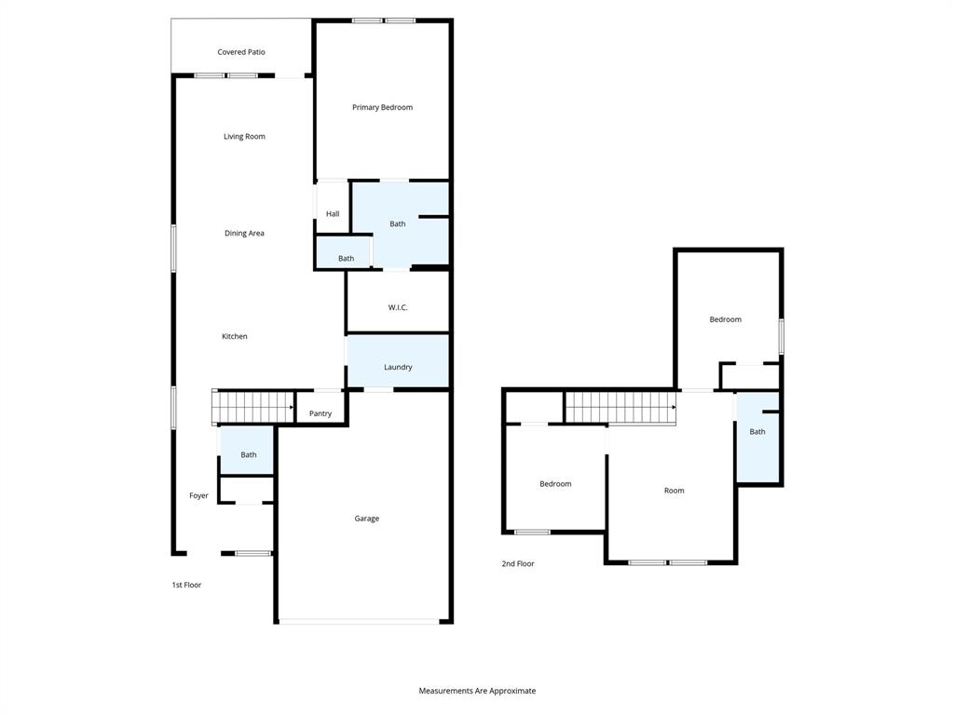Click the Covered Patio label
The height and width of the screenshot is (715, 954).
(241, 52)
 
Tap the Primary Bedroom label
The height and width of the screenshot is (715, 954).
(382, 107)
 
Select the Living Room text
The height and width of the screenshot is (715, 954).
(244, 137)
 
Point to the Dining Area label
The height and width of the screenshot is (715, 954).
(244, 234)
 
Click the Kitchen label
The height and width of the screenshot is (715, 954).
(235, 336)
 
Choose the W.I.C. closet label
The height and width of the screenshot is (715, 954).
(398, 307)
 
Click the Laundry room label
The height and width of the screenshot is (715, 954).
(398, 367)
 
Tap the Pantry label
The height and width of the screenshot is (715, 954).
(320, 413)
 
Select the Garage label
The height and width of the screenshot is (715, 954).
(366, 519)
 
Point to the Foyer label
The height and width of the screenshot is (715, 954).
(199, 496)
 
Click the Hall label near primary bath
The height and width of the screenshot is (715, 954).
(333, 214)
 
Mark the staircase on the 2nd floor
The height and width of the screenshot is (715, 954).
(620, 407)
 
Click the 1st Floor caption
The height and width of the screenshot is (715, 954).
(186, 585)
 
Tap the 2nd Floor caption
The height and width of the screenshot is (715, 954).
(518, 563)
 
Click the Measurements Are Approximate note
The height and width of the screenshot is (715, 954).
(477, 691)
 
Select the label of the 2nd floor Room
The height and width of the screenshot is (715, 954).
(674, 491)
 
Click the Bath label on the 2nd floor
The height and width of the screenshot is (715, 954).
(757, 431)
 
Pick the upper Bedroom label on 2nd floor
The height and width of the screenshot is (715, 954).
(726, 319)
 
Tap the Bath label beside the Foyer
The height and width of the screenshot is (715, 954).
(249, 454)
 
